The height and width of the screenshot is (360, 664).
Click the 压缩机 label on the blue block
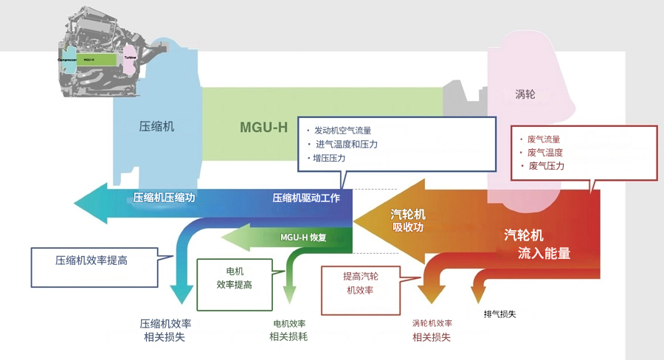pyautogui.click(x=156, y=126)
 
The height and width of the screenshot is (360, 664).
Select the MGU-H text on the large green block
pyautogui.click(x=263, y=126)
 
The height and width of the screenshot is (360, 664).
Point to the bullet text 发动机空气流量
pyautogui.click(x=342, y=131)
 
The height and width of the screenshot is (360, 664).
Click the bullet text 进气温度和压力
pyautogui.click(x=346, y=144)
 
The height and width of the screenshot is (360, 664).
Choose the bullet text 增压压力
pyautogui.click(x=329, y=158)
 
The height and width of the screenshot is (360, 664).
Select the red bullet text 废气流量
pyautogui.click(x=544, y=139)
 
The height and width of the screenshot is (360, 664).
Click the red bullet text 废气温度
pyautogui.click(x=545, y=153)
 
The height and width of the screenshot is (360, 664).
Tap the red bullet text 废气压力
pyautogui.click(x=546, y=166)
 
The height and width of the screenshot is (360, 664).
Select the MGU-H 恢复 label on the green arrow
pyautogui.click(x=303, y=238)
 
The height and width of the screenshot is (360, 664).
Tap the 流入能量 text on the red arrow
pyautogui.click(x=544, y=253)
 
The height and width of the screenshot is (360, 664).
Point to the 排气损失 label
pyautogui.click(x=499, y=314)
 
